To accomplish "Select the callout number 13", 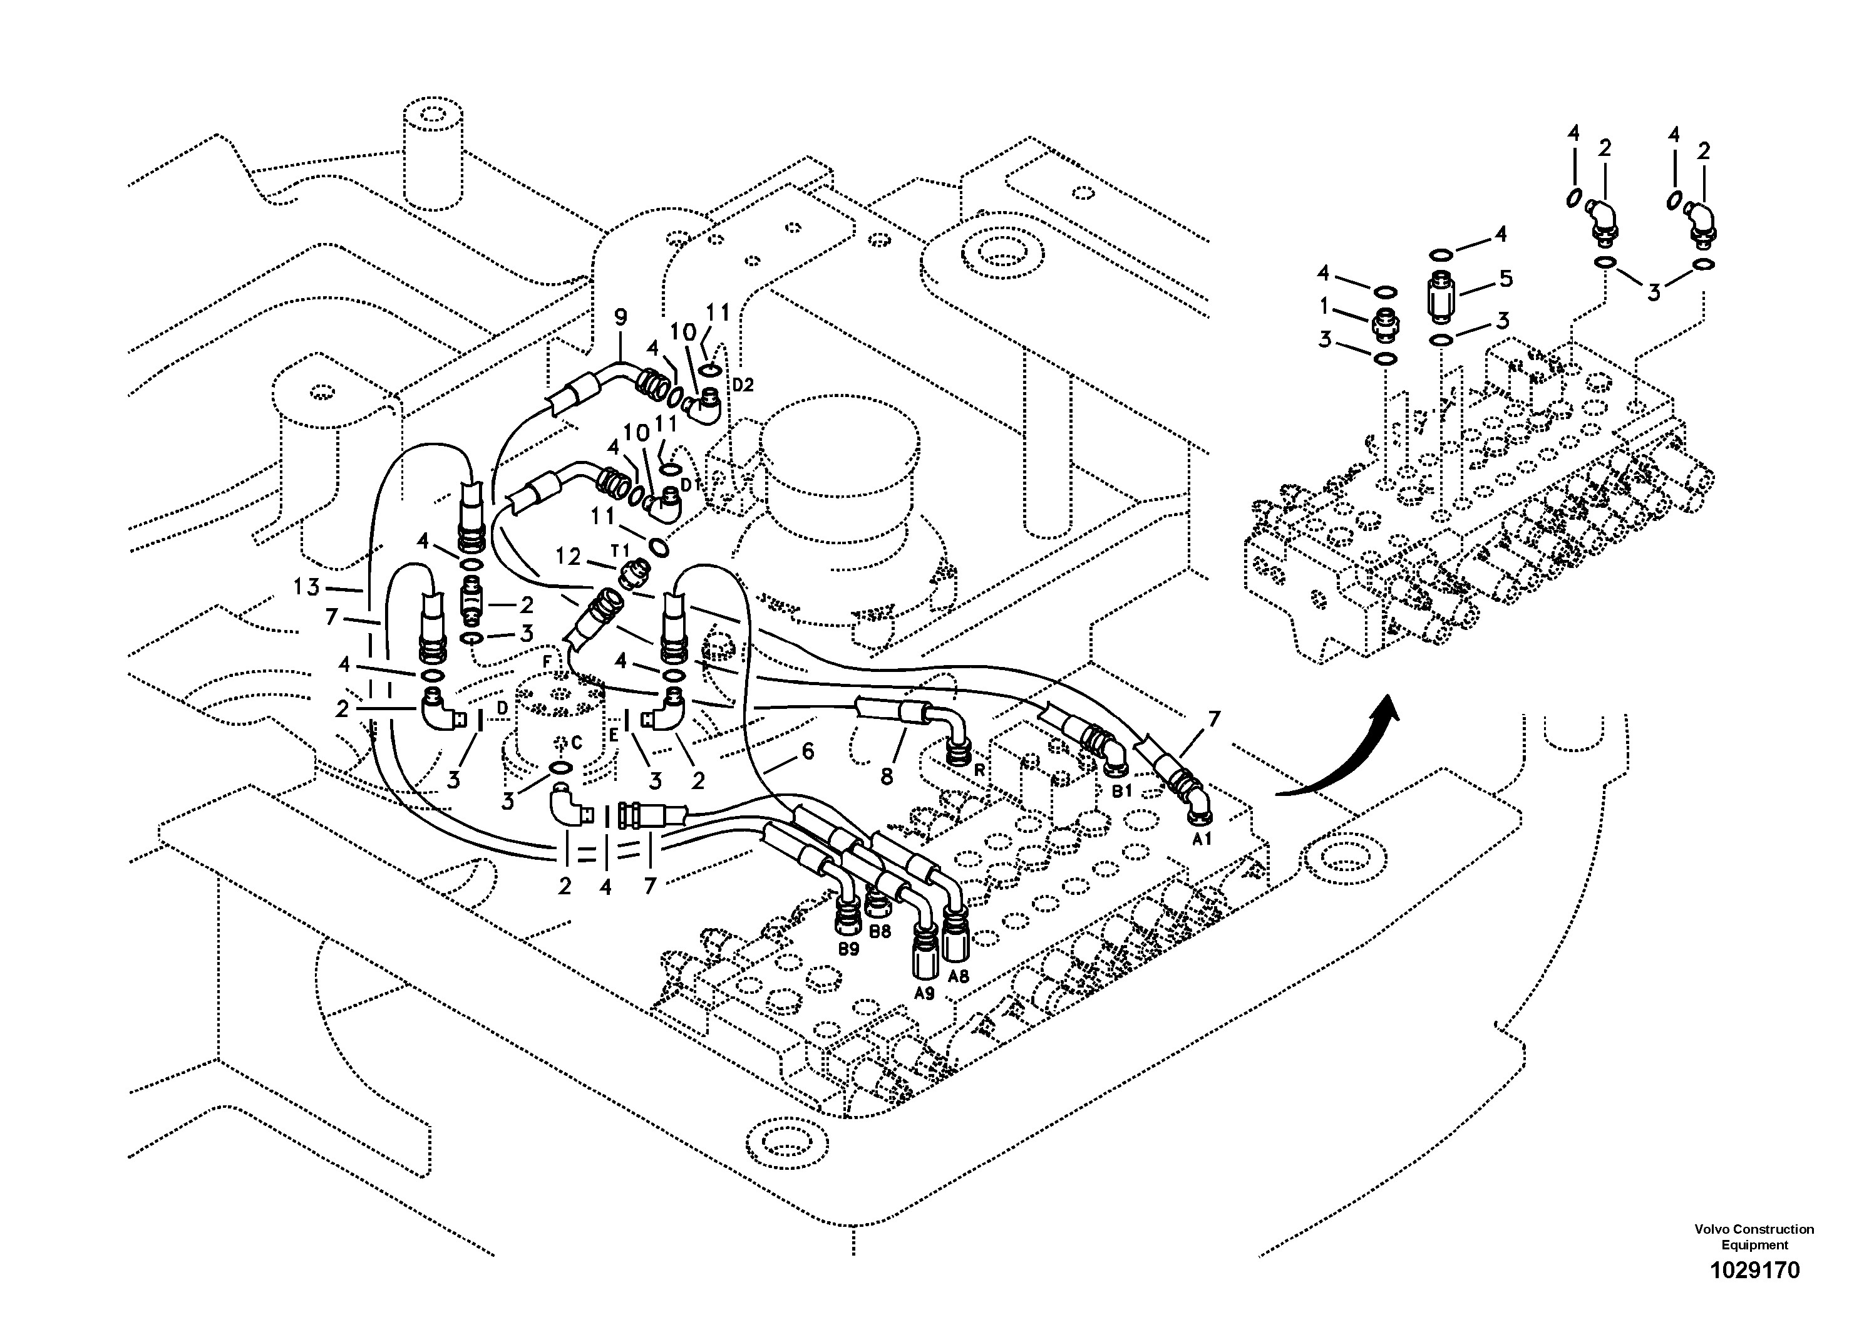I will (307, 586).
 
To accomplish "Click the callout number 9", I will (621, 318).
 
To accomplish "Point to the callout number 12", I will (569, 556).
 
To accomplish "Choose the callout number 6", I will (807, 752).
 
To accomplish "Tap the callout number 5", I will (1506, 279).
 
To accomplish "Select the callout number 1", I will (1324, 306).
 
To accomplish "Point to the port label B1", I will (1121, 790).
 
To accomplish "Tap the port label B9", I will (848, 948).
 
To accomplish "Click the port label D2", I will (742, 385).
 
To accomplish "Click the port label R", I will (980, 770).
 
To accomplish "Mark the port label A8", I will (959, 976).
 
